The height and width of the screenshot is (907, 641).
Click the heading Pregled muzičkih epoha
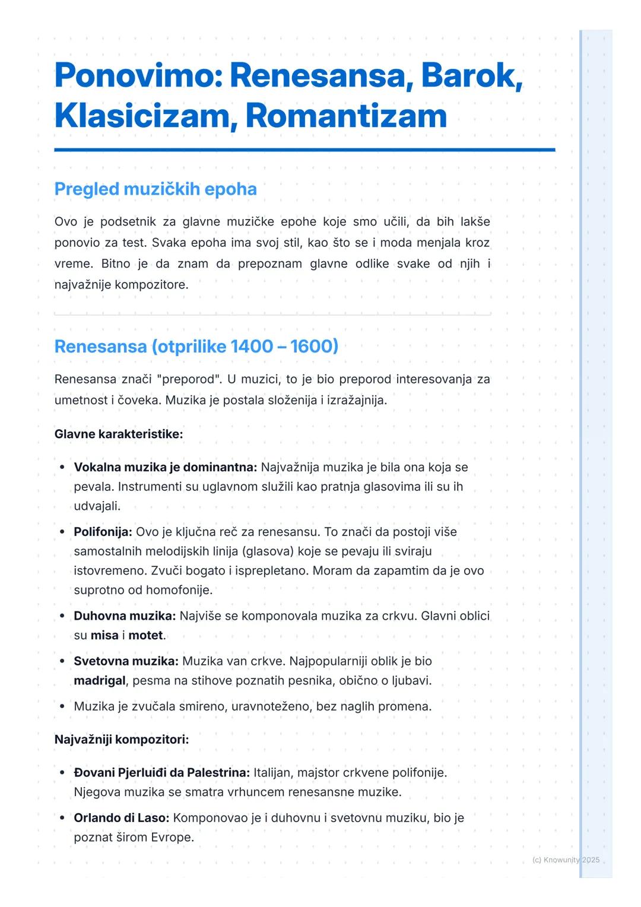[x=156, y=189]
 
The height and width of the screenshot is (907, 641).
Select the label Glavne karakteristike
[x=119, y=434]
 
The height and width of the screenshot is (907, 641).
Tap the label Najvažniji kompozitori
[x=122, y=740]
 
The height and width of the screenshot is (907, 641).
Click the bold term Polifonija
[x=103, y=532]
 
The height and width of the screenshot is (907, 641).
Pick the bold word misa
[x=104, y=635]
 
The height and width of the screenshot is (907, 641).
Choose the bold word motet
[x=146, y=635]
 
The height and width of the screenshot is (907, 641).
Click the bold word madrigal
[x=100, y=680]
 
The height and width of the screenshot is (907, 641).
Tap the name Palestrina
[x=218, y=773]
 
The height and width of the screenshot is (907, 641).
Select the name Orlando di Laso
[x=121, y=818]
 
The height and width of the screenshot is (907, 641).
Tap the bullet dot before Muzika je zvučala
[x=62, y=706]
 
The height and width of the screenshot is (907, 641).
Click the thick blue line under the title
[x=304, y=150]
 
